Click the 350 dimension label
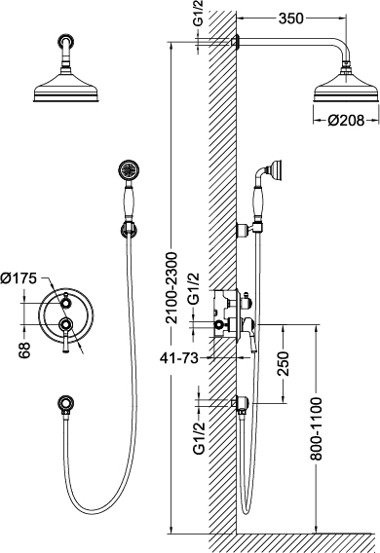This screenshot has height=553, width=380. [290, 18]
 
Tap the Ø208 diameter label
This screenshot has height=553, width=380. [346, 121]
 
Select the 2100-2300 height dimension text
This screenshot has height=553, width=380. [172, 288]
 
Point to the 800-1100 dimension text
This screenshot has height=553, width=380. [317, 428]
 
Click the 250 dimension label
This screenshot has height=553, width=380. [283, 363]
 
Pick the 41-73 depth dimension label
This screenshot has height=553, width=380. [179, 358]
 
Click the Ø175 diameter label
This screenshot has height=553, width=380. [19, 278]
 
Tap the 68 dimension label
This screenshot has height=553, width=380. [24, 350]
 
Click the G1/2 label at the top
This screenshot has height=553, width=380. [199, 15]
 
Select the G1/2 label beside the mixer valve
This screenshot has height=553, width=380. [193, 288]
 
